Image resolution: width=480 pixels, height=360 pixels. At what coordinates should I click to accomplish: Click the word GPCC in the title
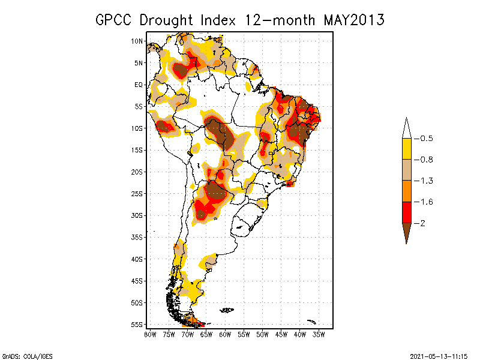(x=115, y=20)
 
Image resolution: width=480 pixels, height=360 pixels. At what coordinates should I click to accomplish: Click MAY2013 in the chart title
(x=354, y=20)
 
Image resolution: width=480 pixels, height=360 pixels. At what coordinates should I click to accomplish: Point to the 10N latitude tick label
(x=137, y=41)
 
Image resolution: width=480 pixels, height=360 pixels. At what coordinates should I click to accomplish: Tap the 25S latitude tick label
(x=137, y=193)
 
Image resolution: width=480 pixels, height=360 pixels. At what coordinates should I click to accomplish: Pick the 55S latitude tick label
(x=137, y=324)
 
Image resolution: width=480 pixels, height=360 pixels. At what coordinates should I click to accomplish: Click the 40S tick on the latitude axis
(x=137, y=259)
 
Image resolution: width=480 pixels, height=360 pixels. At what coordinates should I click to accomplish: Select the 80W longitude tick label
(x=150, y=334)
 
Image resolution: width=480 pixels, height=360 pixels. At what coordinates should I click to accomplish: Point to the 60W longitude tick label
(x=225, y=334)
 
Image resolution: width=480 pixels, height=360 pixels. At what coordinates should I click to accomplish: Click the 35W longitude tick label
(x=319, y=334)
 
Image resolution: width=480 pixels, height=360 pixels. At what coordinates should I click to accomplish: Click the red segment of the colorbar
(x=407, y=212)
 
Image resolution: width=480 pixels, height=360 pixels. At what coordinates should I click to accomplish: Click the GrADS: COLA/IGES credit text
(x=27, y=355)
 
